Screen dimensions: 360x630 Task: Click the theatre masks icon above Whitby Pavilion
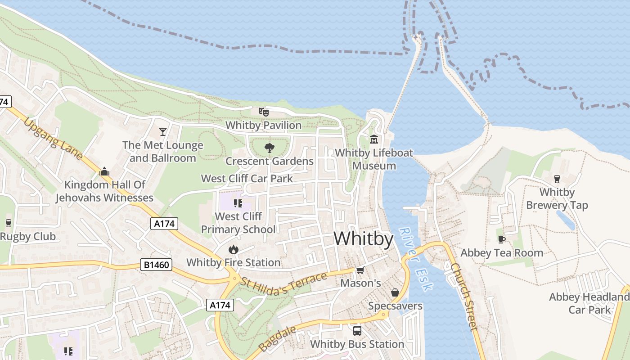click(x=263, y=112)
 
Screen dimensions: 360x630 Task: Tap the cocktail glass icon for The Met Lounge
click(x=163, y=132)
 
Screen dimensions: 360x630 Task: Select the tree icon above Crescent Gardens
click(x=269, y=148)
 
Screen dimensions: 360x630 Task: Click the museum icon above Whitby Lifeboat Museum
click(x=374, y=139)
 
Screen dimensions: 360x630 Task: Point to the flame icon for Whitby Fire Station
click(x=233, y=249)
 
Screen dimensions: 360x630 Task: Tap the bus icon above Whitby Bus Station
click(x=357, y=331)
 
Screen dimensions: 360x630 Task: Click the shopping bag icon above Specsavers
click(x=395, y=292)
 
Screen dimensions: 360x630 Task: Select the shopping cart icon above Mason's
click(x=360, y=270)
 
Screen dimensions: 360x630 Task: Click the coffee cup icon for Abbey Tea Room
click(x=502, y=239)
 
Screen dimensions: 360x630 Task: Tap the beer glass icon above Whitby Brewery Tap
click(x=557, y=179)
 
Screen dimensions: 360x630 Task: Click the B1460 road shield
click(x=156, y=265)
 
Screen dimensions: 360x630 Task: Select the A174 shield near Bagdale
click(x=220, y=305)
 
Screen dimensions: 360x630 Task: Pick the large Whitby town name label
click(x=364, y=238)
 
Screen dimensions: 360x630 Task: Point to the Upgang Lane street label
click(x=53, y=139)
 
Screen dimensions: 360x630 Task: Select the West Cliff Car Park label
click(x=247, y=179)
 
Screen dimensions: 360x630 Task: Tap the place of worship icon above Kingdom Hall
click(x=104, y=171)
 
